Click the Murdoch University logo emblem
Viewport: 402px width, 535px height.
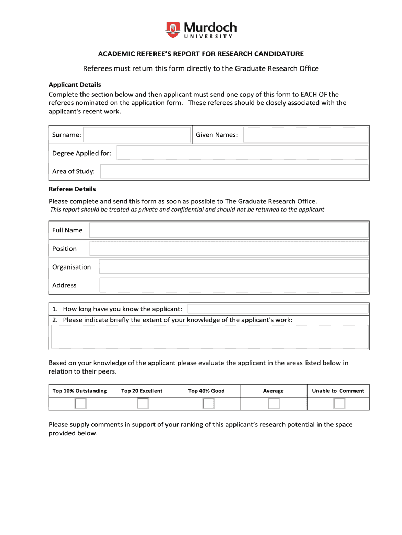coord(173,29)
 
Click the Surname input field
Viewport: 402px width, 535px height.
coord(137,135)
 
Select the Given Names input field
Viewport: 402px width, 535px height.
coord(305,135)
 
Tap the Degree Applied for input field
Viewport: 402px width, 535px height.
coord(242,153)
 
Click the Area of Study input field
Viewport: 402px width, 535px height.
coord(234,171)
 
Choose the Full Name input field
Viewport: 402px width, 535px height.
coord(228,230)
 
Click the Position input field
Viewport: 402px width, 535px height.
coord(228,249)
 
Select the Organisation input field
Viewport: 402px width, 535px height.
coord(233,267)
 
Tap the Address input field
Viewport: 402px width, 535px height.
coord(233,285)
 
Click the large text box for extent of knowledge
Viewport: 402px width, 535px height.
coord(209,337)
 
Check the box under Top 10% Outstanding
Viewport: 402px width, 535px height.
coord(80,403)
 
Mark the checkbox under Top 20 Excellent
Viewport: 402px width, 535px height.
coord(143,403)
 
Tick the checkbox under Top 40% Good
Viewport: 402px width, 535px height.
coord(208,403)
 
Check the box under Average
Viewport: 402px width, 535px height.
coord(274,403)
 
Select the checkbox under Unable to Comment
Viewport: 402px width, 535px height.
coord(339,403)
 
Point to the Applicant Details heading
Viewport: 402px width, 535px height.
coord(75,85)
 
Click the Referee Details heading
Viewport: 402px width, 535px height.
coord(72,189)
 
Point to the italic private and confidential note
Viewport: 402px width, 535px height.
coord(187,210)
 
